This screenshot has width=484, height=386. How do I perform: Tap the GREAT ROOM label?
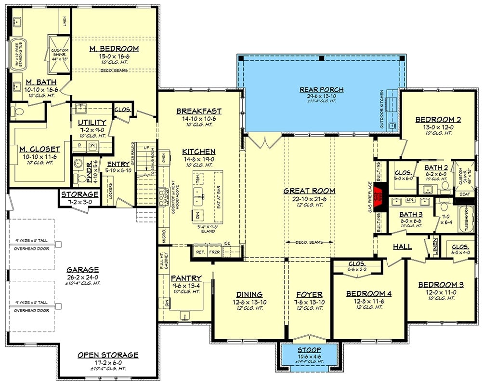tap(309, 191)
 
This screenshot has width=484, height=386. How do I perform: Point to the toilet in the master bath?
tap(19, 112)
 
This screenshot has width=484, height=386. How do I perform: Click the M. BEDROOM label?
tap(115, 49)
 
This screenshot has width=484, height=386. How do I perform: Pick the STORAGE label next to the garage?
tap(79, 194)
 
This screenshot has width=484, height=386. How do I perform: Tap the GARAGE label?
tap(83, 270)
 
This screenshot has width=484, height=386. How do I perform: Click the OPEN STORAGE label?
tap(108, 355)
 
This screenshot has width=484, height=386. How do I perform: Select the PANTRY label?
tap(186, 278)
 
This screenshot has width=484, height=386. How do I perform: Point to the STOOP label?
tap(310, 349)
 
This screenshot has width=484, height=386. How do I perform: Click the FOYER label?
tap(309, 295)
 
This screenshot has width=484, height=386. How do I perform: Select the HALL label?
tap(402, 247)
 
